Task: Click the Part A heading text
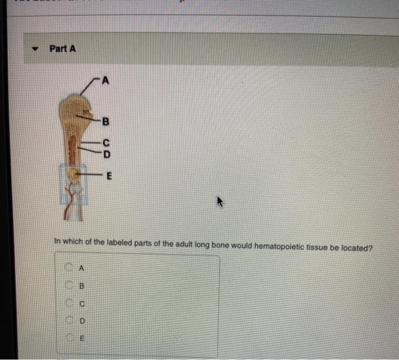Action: (62, 48)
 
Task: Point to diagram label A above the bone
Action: (104, 79)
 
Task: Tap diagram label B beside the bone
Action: (104, 121)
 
